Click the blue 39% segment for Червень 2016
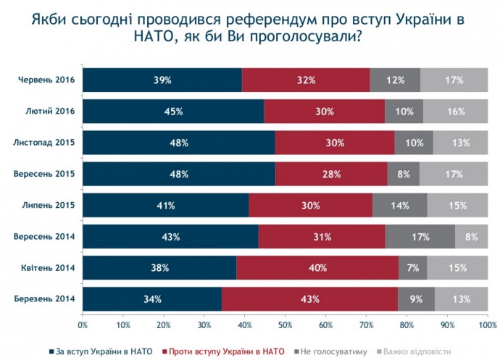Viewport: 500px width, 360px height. pos(162,80)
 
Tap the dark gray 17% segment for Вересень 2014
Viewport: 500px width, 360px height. pos(420,237)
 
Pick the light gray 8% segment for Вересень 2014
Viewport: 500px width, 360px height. pos(471,237)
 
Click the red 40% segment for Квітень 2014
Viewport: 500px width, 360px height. pos(317,268)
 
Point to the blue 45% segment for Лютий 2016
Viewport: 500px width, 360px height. pos(173,112)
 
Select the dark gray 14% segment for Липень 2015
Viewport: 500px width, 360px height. pos(399,206)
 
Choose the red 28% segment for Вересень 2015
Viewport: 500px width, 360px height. pos(331,174)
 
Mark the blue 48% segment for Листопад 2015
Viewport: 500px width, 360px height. pos(178,143)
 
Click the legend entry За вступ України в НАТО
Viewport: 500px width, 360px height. pos(101,351)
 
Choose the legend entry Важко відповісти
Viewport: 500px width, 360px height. pos(410,351)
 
